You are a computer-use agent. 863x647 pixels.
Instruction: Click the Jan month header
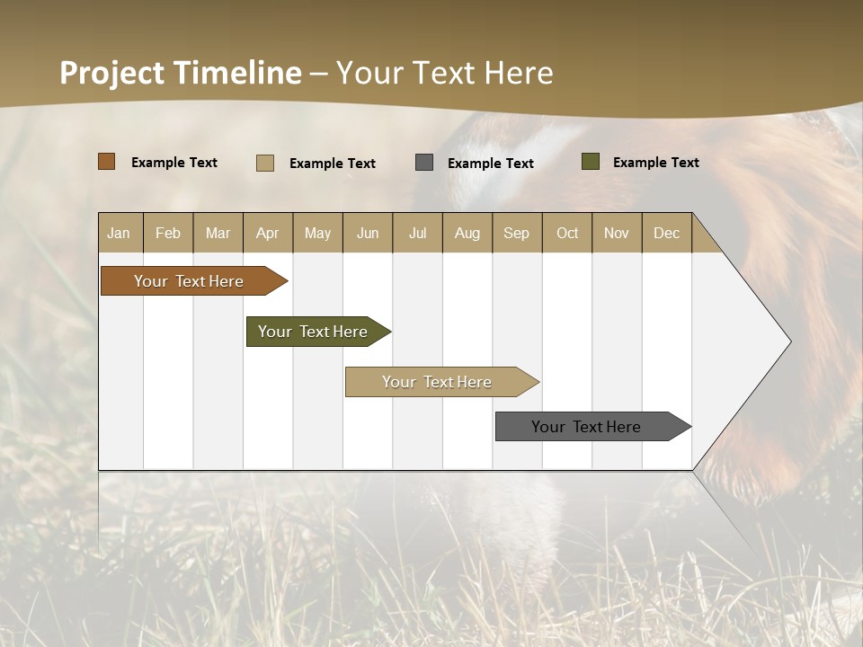(119, 233)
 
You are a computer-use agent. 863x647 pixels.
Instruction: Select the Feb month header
(168, 233)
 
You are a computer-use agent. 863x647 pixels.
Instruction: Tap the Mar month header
(218, 233)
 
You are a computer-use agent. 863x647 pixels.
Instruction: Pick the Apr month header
(267, 233)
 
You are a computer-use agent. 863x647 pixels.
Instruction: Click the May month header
(317, 233)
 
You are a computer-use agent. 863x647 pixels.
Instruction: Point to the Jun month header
(368, 233)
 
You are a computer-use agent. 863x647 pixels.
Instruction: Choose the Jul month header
(417, 233)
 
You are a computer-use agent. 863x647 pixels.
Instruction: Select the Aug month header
(467, 233)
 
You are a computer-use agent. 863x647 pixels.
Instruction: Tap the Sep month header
(516, 233)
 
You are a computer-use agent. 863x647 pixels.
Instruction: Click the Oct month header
(567, 233)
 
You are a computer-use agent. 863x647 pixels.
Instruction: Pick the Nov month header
(616, 233)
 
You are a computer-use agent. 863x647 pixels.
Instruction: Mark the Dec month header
(666, 233)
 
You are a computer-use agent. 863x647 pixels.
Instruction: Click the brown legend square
(107, 162)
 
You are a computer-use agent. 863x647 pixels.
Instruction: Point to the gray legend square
(424, 163)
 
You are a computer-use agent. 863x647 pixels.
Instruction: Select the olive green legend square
(591, 162)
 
